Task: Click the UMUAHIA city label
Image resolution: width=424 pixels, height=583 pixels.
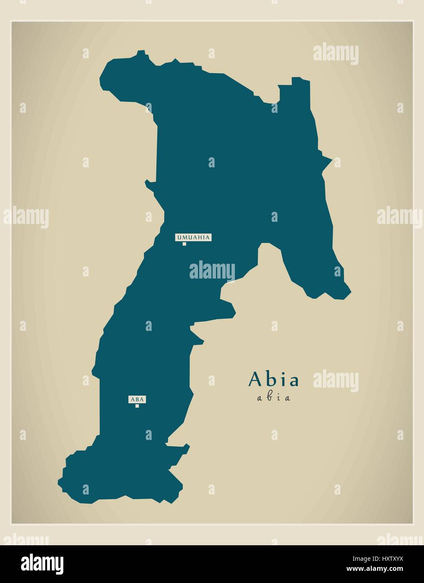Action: (193, 237)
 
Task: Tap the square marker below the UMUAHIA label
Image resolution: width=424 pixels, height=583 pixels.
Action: (184, 244)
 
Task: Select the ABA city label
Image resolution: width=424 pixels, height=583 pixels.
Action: (137, 400)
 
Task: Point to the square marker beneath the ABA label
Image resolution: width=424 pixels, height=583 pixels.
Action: (137, 406)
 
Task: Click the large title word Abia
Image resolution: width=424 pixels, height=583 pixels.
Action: (274, 379)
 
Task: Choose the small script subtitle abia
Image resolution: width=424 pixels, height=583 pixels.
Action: (273, 398)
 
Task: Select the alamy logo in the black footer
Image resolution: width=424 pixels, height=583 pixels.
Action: (42, 563)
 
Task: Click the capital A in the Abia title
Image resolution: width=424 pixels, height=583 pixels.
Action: (255, 379)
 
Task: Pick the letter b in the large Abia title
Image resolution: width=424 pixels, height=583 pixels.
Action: (271, 379)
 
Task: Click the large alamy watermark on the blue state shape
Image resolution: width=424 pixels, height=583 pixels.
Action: (212, 271)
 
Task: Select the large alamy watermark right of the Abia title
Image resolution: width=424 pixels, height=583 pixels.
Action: (336, 381)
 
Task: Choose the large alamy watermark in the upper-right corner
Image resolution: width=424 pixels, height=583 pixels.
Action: (336, 53)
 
